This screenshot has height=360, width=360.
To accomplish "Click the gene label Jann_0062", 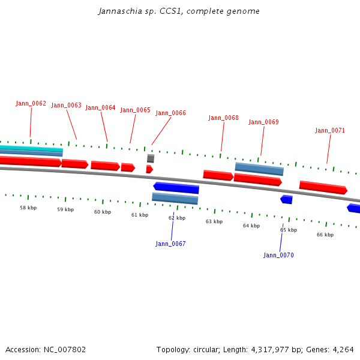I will tap(31, 104).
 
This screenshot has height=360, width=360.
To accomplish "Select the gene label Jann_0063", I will tap(66, 106).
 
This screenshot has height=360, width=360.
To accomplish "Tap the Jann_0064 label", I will tap(100, 108).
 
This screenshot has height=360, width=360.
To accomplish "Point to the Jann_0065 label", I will tap(135, 110).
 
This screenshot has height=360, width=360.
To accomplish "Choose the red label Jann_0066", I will tap(170, 113).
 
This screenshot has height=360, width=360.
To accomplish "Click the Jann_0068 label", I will tap(223, 118).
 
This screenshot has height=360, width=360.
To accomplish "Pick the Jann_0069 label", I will tap(263, 122).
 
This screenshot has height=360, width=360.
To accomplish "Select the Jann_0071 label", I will tap(330, 131).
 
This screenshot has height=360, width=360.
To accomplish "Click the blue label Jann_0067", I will tap(170, 244).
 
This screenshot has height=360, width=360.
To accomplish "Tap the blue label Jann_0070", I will tap(278, 256).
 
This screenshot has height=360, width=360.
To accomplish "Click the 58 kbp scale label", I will tap(28, 208).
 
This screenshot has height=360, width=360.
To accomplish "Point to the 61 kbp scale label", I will tap(140, 215).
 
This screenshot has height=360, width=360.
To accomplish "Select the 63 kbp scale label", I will tap(214, 222).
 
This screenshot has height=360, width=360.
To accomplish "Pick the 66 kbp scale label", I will tap(325, 235).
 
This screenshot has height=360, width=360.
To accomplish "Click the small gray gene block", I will tap(151, 158).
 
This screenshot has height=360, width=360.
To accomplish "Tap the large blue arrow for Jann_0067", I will tap(176, 188).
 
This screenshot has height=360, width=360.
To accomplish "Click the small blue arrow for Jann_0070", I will tap(287, 199).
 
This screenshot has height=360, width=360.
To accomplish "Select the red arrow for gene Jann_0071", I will tap(323, 188).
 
